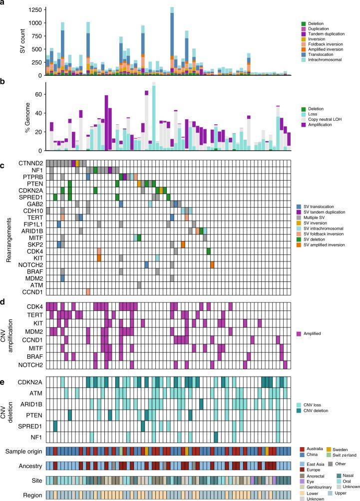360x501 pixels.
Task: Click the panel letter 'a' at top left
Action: (x=4, y=4)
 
